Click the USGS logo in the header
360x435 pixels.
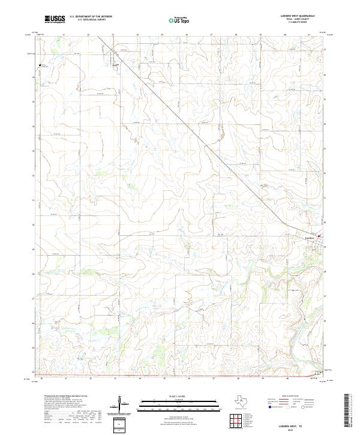point(55,19)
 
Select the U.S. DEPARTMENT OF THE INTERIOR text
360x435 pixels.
point(91,17)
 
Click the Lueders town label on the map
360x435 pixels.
point(310,238)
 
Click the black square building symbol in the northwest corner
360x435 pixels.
point(41,65)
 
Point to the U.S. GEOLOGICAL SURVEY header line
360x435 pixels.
point(91,20)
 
